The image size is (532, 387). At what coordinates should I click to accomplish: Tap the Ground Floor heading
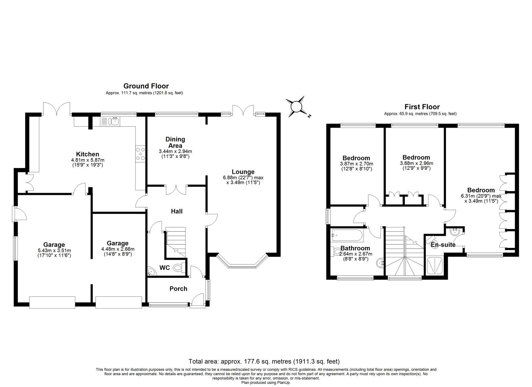(146, 86)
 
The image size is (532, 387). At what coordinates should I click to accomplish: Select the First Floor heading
(422, 107)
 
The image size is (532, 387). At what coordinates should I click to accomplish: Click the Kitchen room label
(87, 154)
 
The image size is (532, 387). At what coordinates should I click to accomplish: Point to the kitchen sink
(115, 121)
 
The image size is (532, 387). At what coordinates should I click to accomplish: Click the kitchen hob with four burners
(140, 154)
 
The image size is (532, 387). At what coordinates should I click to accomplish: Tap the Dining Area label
(175, 142)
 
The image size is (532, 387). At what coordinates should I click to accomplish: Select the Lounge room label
(243, 172)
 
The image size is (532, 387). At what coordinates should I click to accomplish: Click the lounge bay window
(243, 263)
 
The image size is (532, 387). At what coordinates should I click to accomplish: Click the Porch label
(178, 289)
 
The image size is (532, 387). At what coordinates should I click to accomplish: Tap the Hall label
(176, 211)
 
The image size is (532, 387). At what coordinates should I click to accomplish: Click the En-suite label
(443, 245)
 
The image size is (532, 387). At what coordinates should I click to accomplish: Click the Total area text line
(264, 361)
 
